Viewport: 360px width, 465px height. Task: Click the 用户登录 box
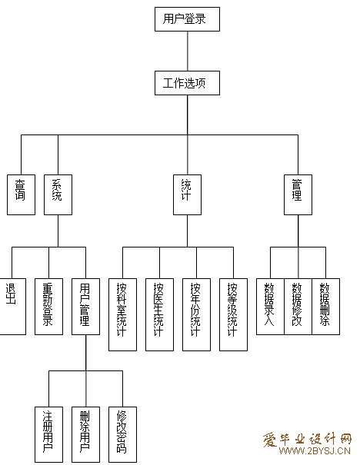pyautogui.click(x=187, y=19)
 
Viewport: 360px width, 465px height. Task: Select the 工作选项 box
pyautogui.click(x=187, y=83)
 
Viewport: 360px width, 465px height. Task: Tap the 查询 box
pyautogui.click(x=21, y=194)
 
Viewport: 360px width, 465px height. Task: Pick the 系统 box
pyautogui.click(x=58, y=194)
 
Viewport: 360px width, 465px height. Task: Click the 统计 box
pyautogui.click(x=187, y=194)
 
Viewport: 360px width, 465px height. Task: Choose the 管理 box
pyautogui.click(x=298, y=194)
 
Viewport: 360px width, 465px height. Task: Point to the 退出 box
pyautogui.click(x=12, y=307)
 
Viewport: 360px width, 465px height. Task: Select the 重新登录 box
pyautogui.click(x=48, y=307)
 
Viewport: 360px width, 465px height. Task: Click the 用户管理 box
pyautogui.click(x=86, y=307)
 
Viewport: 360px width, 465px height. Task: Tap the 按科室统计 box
pyautogui.click(x=122, y=314)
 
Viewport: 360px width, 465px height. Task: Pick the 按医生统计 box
pyautogui.click(x=159, y=314)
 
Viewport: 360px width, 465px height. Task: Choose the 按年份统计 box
pyautogui.click(x=196, y=314)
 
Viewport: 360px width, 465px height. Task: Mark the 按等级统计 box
pyautogui.click(x=233, y=314)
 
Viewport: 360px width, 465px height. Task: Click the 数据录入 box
pyautogui.click(x=270, y=307)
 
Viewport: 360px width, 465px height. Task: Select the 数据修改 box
pyautogui.click(x=298, y=307)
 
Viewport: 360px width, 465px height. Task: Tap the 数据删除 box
pyautogui.click(x=325, y=307)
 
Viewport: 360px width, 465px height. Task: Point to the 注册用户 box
pyautogui.click(x=48, y=434)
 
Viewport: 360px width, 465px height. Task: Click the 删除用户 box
pyautogui.click(x=86, y=434)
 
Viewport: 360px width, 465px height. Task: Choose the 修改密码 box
pyautogui.click(x=122, y=434)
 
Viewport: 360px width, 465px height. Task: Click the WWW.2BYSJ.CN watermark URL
pyautogui.click(x=315, y=451)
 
